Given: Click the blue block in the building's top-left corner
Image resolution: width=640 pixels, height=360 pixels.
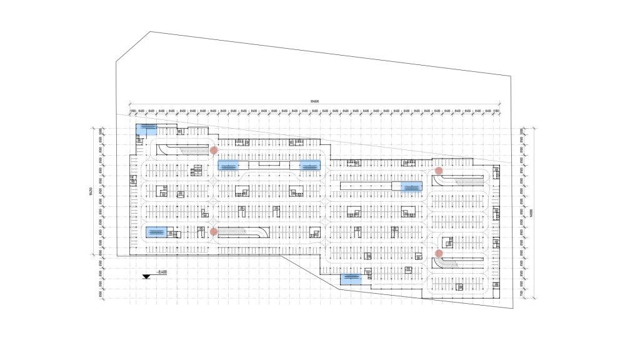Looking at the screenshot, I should click(x=147, y=129).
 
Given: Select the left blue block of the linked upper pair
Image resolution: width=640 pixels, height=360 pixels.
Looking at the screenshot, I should click(x=228, y=166).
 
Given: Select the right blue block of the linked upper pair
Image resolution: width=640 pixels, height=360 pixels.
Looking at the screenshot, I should click(x=309, y=166).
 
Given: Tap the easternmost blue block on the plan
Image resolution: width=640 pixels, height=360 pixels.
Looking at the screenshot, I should click(x=411, y=186).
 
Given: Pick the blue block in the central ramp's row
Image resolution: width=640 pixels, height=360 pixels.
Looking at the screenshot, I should click(x=158, y=232).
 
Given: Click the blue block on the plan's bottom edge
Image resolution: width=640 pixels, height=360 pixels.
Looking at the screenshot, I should click(x=351, y=279).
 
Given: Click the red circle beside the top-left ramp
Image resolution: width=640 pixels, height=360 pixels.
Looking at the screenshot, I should click(x=214, y=150).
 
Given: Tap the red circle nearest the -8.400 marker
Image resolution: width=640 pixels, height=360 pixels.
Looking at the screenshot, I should click(x=214, y=232).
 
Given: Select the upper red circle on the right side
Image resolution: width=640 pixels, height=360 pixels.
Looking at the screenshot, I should click(x=439, y=171).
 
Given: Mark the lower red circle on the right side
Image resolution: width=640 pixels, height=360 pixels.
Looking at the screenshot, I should click(x=439, y=253).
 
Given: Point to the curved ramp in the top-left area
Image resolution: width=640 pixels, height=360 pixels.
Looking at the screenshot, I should click(x=181, y=149).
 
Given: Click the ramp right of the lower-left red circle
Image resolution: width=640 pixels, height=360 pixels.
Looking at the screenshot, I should click(x=244, y=232).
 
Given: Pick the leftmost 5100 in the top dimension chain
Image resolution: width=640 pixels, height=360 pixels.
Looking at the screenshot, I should click(x=132, y=111).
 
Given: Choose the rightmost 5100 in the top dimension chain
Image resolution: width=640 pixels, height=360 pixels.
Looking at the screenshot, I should click(x=496, y=111).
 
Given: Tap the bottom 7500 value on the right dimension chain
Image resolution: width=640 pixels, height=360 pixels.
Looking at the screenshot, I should click(x=522, y=294).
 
